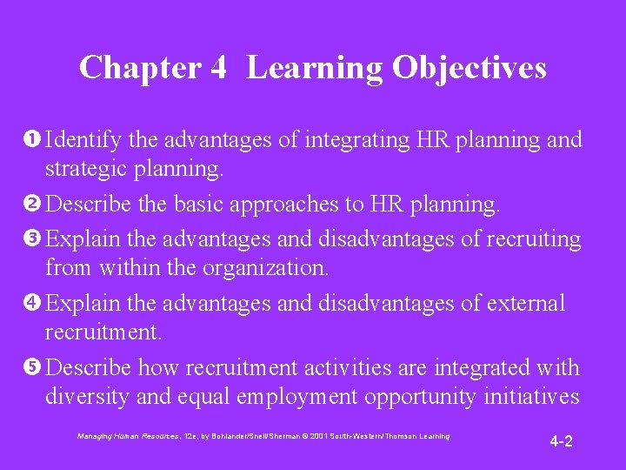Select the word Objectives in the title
coord(469,68)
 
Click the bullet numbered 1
coord(34,140)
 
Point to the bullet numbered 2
coord(34,205)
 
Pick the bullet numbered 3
coord(34,237)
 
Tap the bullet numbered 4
coord(34,303)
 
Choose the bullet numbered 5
coord(34,368)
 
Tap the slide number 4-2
coord(561,441)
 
